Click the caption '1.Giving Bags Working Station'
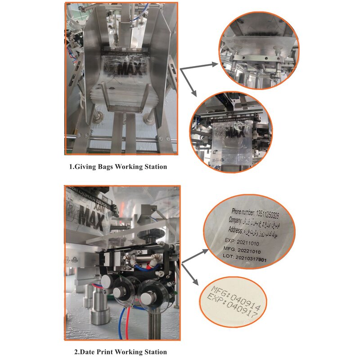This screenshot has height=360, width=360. coord(118,166)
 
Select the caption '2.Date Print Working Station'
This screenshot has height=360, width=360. coord(120,352)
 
